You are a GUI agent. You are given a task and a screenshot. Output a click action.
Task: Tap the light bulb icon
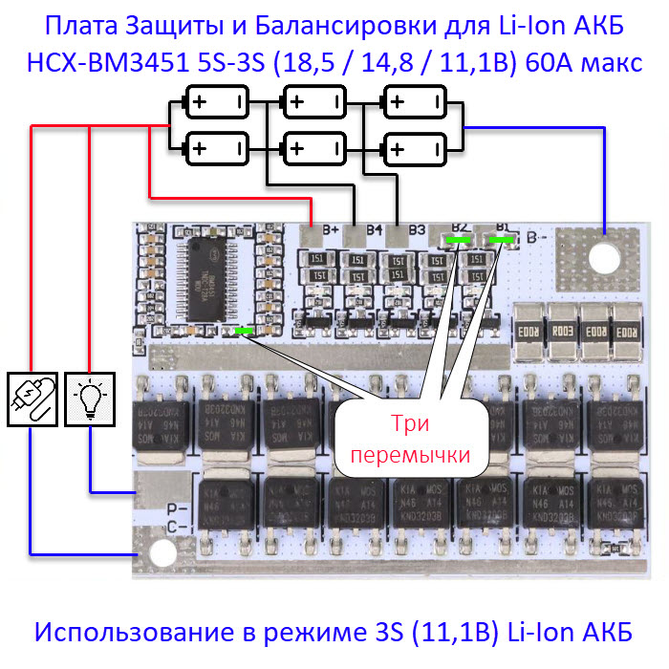tap(90, 399)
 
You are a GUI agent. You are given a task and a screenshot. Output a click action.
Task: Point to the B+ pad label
tap(334, 229)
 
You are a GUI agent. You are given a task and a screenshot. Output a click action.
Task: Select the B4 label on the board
tap(375, 229)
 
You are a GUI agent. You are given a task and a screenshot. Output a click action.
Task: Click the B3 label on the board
tap(417, 229)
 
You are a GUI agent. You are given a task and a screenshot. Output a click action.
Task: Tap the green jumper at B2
tap(457, 239)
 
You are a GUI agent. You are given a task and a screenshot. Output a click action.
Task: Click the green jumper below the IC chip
tap(244, 331)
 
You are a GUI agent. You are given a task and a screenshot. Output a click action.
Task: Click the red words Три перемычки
tap(411, 440)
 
